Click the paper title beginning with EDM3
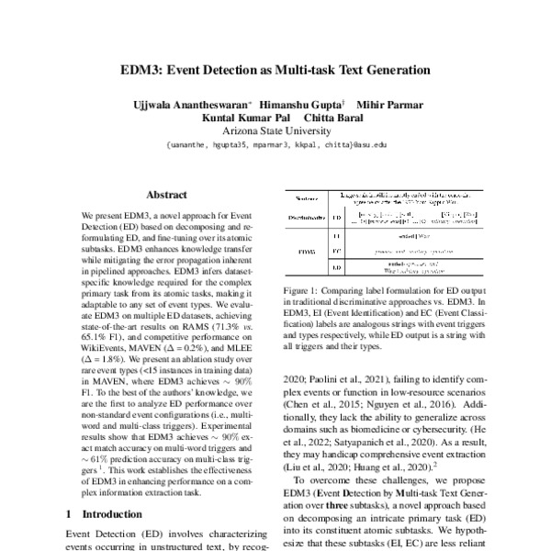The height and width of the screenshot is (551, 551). [275, 69]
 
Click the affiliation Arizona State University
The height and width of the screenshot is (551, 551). [275, 131]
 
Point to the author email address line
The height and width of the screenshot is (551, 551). [275, 145]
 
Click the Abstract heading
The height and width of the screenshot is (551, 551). [166, 195]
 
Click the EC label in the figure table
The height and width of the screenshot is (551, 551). [337, 250]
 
